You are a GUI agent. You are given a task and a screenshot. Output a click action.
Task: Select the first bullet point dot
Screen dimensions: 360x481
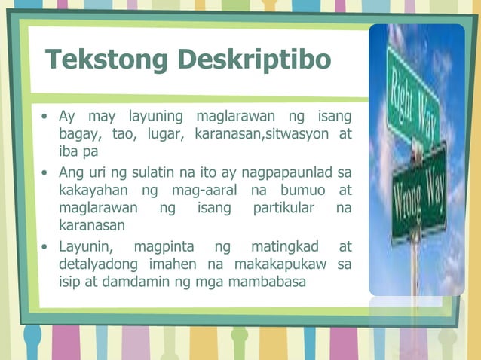click(x=46, y=117)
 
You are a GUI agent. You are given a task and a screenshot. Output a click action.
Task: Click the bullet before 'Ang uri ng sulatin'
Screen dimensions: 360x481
click(x=46, y=172)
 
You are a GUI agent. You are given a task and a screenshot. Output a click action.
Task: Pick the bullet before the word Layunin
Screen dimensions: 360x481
click(x=46, y=246)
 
